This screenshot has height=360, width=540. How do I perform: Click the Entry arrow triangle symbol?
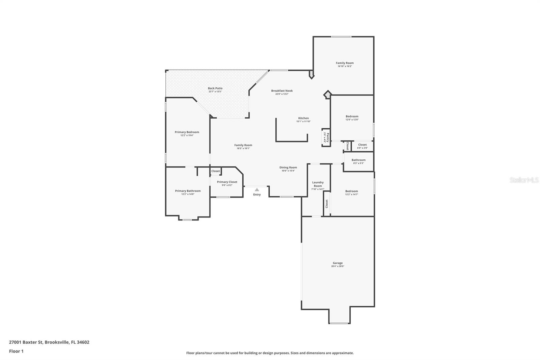coord(257,190)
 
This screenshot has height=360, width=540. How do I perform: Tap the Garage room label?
coord(337,263)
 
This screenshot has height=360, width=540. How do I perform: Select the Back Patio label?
coord(215,88)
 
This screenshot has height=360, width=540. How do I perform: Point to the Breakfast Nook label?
coord(282,91)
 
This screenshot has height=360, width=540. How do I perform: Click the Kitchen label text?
coord(303,118)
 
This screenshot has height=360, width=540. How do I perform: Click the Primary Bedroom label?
coord(187,132)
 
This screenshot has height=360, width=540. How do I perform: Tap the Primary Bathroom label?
coord(188,191)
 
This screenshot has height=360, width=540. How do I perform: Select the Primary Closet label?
coord(227,182)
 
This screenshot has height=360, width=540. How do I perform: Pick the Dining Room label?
coord(288,168)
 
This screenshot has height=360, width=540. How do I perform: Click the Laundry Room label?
coord(318,184)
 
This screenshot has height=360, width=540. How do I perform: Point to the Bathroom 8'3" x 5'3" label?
coord(358,160)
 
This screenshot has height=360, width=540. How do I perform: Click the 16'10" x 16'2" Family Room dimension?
coord(345,66)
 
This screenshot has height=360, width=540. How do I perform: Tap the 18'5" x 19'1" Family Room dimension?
coord(243,148)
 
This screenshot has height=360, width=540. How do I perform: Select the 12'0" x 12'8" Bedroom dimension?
coord(352,120)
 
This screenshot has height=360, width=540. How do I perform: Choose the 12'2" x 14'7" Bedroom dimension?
coord(351,194)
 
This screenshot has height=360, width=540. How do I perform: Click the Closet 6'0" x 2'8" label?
coord(362,145)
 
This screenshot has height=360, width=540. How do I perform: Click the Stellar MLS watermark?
coord(524,180)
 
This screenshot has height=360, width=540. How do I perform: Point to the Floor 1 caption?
coord(16,351)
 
